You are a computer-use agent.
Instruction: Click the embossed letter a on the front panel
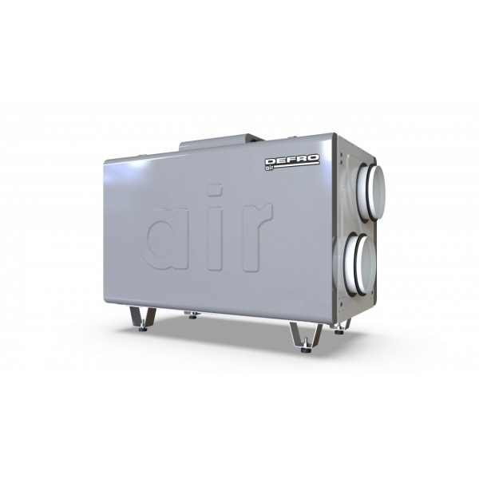tap(167, 239)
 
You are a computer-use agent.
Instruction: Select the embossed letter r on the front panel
tap(256, 237)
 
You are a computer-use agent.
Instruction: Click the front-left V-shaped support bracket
tap(143, 318)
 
